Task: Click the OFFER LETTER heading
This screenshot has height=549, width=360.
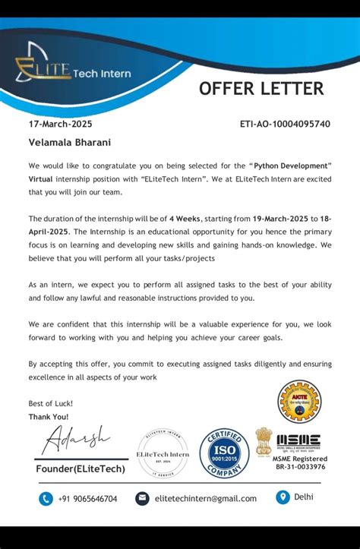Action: tap(261, 89)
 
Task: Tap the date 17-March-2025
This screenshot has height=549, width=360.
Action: tap(61, 124)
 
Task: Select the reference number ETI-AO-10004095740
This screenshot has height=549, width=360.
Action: tap(285, 124)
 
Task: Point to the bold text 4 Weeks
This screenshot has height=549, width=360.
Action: tap(186, 217)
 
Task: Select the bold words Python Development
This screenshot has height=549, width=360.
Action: tap(292, 165)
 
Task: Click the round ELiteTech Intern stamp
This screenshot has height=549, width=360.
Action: tap(163, 454)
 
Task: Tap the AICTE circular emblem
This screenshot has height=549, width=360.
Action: tap(299, 402)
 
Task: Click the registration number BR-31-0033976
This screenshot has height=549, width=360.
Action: tap(301, 467)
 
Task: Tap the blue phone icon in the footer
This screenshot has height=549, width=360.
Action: tap(46, 498)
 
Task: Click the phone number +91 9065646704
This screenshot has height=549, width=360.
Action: tap(90, 499)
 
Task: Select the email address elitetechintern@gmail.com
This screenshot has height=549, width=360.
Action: tap(205, 499)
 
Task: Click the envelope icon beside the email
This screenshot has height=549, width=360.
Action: tap(142, 498)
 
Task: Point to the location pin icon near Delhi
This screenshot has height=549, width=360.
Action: tap(283, 497)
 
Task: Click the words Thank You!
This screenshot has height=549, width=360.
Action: tap(49, 417)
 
